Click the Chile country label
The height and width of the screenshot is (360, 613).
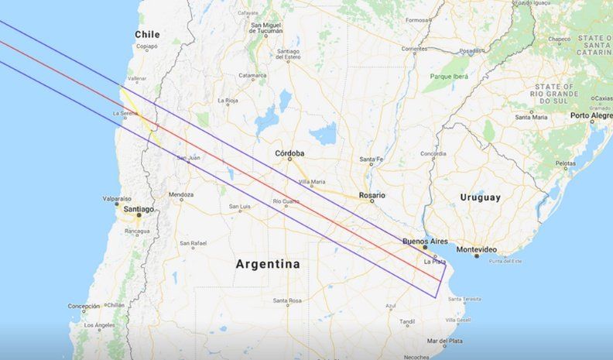pos(147,34)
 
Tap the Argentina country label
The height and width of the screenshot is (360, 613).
pos(268,264)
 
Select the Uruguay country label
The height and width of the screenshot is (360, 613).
pos(481,197)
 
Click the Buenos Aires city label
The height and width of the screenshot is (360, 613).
pos(425,242)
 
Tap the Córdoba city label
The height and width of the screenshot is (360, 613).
pos(289,153)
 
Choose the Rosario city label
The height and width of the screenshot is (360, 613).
pos(372,195)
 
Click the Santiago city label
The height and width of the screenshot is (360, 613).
pos(138,209)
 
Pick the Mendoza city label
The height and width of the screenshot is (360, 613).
pos(181,194)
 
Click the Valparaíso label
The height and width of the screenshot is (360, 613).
pos(117,199)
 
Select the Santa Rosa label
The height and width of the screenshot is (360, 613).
pos(286,300)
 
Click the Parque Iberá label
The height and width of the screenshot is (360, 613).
pos(450,76)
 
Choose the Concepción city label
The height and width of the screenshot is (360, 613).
pos(84,306)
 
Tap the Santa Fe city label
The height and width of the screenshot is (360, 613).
pos(372,160)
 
